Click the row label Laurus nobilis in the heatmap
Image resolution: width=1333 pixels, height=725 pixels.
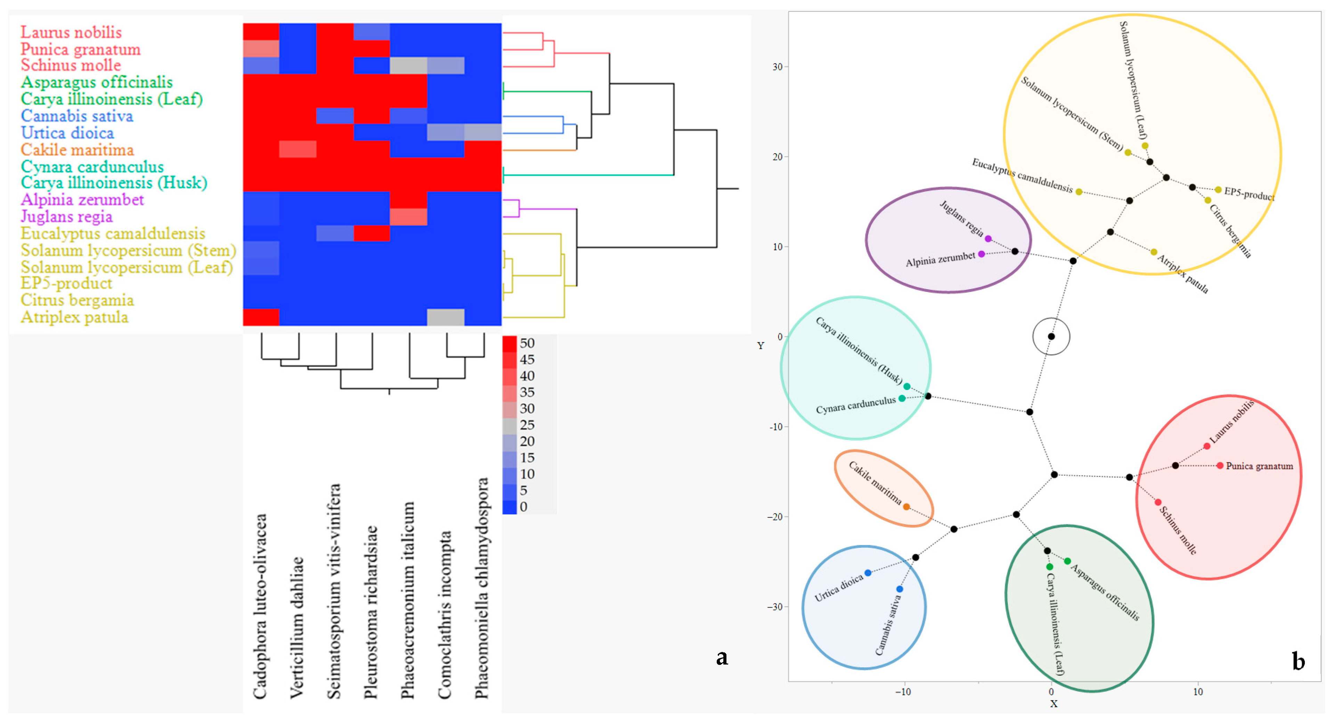[x=71, y=32]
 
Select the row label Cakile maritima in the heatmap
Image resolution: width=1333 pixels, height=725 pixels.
[x=77, y=149]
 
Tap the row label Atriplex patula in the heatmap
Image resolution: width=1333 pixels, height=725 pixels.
[x=74, y=317]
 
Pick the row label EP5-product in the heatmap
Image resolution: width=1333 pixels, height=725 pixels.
[x=66, y=283]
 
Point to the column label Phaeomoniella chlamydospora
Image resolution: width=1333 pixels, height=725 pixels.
[x=482, y=588]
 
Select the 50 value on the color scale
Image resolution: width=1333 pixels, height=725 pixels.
[x=527, y=343]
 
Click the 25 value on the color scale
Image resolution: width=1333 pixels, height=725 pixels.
[x=527, y=425]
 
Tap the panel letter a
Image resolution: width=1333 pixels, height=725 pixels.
[x=722, y=658]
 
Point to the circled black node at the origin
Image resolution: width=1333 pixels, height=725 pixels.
[x=1051, y=336]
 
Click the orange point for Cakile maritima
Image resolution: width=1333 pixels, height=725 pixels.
[x=906, y=507]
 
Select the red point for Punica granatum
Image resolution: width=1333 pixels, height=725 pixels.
[x=1220, y=466]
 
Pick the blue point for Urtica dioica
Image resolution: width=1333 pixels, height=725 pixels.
[x=868, y=573]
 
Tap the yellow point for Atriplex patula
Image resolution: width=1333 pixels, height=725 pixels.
[x=1153, y=252]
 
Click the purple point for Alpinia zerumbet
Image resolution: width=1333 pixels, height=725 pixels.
[x=981, y=254]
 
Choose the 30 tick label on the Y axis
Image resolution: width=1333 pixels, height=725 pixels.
[x=777, y=67]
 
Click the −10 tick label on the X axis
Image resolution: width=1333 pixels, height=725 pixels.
[x=903, y=692]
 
